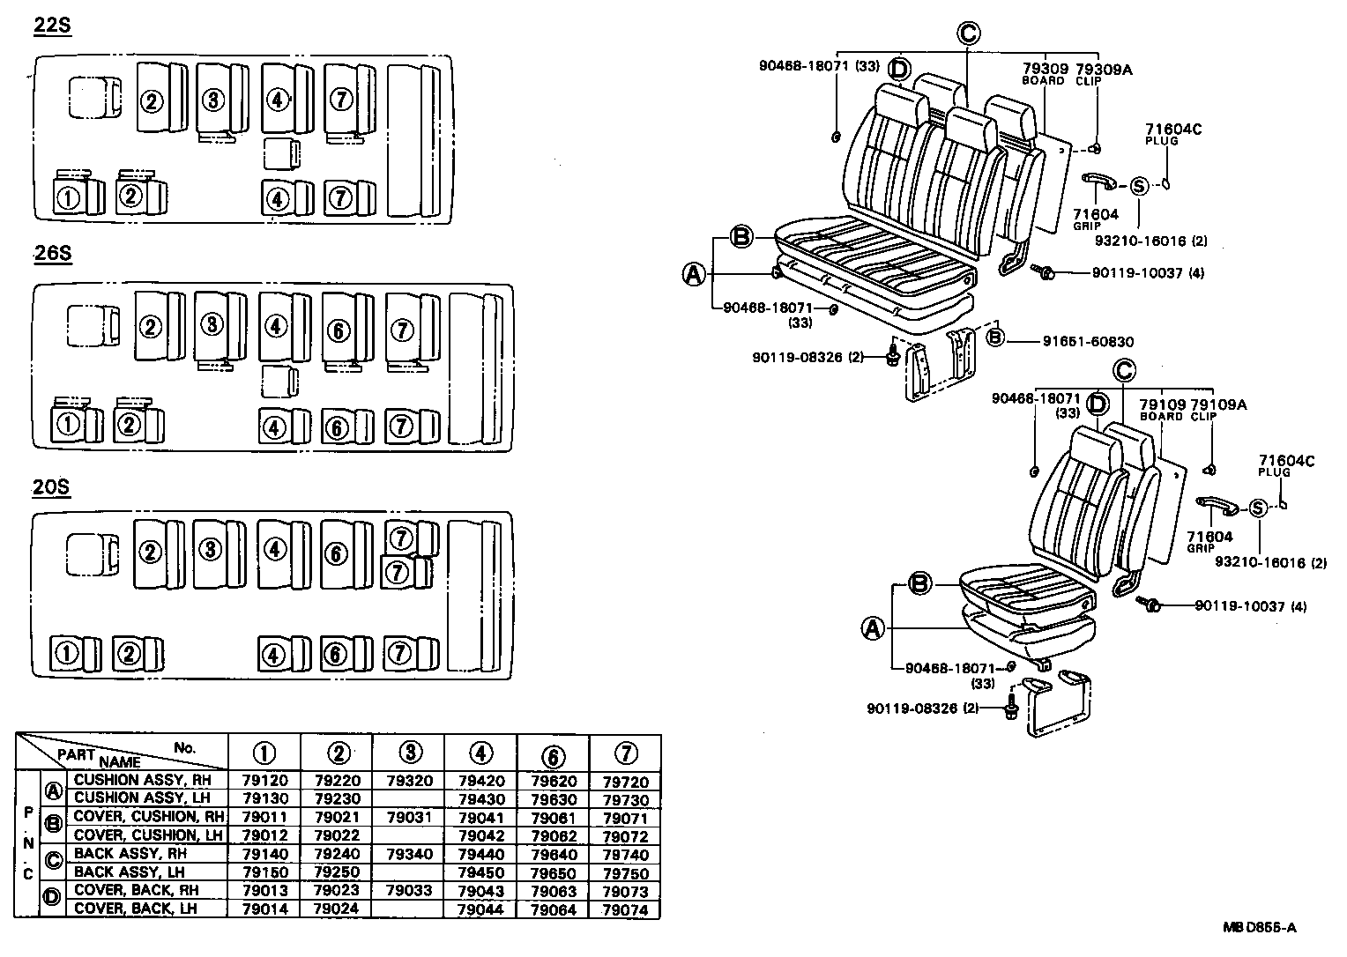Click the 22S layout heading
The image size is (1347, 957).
coord(52,26)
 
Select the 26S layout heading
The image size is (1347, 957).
coord(52,254)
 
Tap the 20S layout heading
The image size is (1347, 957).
coord(51,487)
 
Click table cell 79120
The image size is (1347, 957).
coord(264,781)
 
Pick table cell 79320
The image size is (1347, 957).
coord(408,781)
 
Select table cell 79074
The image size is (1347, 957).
coord(625,909)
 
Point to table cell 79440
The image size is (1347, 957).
coord(480,854)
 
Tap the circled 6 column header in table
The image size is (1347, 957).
coord(553,754)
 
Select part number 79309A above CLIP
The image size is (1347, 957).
coord(1103,69)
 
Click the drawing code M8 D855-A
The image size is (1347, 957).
coord(1259,927)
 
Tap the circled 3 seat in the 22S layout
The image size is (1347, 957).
coord(212,100)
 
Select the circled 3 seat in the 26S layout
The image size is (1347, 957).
coord(212,325)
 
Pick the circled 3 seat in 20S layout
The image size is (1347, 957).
coord(210,551)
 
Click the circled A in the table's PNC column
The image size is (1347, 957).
coord(53,790)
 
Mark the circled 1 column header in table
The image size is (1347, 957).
coord(264,753)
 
